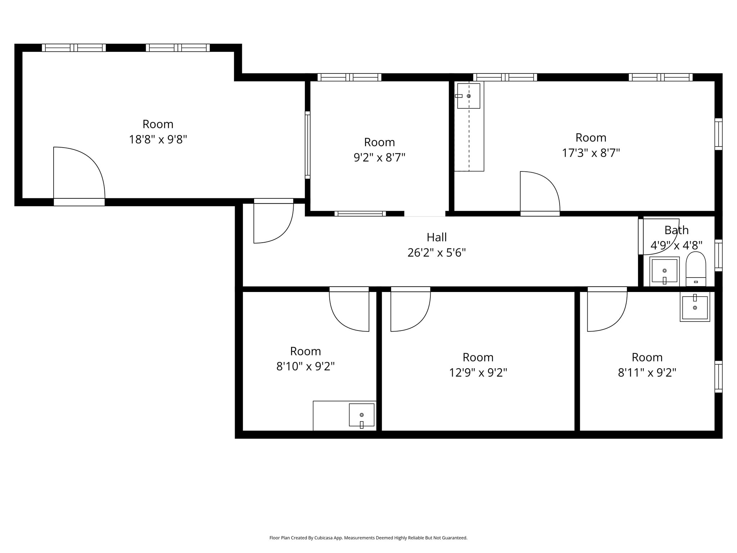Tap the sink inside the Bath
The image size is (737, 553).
pyautogui.click(x=664, y=271)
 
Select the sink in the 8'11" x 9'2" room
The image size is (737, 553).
pyautogui.click(x=695, y=307)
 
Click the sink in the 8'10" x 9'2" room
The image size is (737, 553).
pyautogui.click(x=361, y=415)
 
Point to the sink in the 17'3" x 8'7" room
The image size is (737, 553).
pyautogui.click(x=468, y=96)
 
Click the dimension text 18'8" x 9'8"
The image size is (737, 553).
pyautogui.click(x=158, y=139)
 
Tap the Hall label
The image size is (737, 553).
pyautogui.click(x=437, y=237)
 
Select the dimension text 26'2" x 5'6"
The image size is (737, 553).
pyautogui.click(x=437, y=253)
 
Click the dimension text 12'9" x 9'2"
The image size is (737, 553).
pyautogui.click(x=478, y=373)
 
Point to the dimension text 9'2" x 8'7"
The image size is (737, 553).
pyautogui.click(x=379, y=158)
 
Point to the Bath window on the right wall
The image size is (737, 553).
pyautogui.click(x=718, y=255)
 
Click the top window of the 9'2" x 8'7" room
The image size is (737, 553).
pyautogui.click(x=349, y=77)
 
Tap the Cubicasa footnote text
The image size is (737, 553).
pyautogui.click(x=368, y=538)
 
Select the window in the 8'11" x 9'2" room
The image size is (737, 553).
pyautogui.click(x=718, y=377)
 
